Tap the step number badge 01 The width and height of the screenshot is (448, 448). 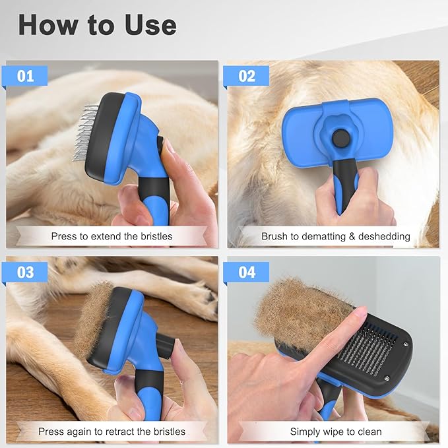coord(25,76)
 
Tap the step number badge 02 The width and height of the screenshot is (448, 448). coord(246,76)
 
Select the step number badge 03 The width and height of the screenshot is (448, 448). coord(25,272)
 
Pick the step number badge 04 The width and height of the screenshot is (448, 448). coord(246,272)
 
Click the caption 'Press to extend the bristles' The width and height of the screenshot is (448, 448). coord(112,236)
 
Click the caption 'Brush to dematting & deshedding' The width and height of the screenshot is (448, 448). coord(335,236)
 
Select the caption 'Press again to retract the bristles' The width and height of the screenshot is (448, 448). coord(112,432)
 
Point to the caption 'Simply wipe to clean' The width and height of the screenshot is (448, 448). coord(335,432)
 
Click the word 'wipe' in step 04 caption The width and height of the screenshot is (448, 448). coord(338,432)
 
